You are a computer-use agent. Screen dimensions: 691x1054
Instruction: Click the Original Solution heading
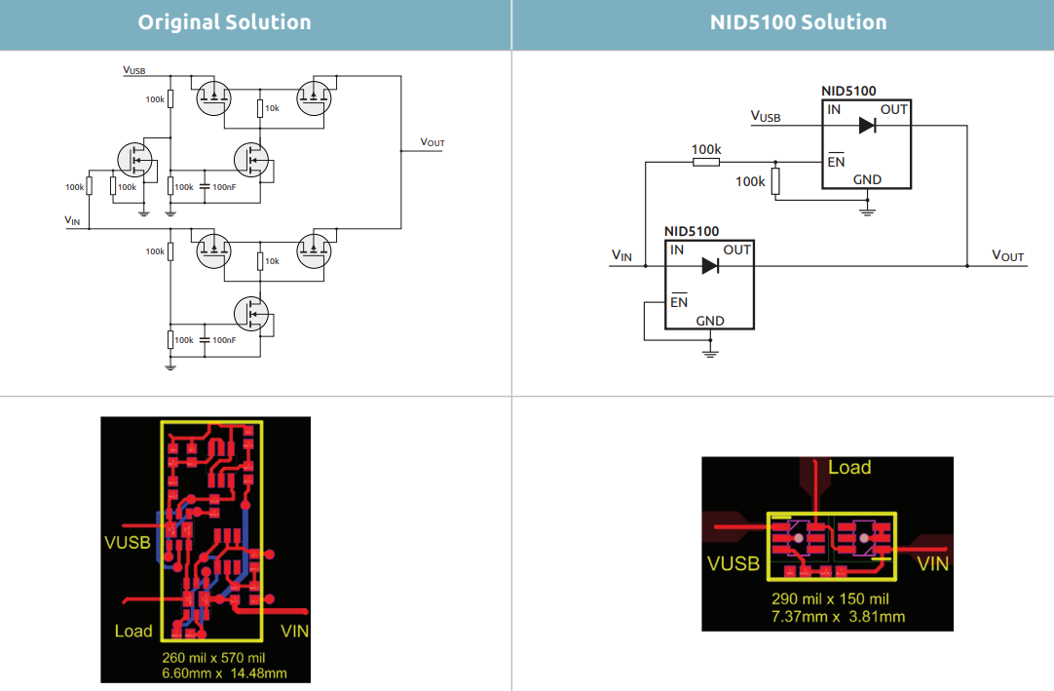point(224,22)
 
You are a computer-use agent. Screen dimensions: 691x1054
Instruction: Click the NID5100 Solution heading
point(798,22)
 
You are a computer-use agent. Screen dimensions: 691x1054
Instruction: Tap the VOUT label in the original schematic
point(433,142)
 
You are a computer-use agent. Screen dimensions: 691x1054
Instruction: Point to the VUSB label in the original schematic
point(134,70)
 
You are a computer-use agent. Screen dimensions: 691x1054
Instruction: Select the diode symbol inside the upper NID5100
point(867,125)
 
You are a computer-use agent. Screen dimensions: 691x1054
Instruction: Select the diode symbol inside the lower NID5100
point(709,265)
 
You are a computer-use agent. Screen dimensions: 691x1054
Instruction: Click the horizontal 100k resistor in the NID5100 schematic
point(706,162)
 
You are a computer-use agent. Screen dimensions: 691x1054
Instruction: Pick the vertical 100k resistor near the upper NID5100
point(775,181)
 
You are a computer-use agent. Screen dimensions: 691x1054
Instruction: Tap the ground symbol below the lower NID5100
point(710,349)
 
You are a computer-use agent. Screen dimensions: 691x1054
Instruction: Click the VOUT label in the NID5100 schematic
point(1007,255)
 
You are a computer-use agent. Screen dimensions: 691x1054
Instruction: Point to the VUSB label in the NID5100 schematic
point(766,117)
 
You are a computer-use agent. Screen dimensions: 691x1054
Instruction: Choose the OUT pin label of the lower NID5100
point(736,250)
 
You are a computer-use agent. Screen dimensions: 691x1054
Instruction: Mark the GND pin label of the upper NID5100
point(867,179)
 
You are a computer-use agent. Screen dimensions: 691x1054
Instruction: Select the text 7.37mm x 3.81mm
point(838,616)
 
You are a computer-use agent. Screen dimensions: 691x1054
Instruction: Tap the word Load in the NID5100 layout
point(849,468)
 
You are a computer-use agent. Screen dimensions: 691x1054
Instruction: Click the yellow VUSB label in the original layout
point(128,542)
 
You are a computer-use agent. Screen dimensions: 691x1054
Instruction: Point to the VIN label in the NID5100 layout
point(932,563)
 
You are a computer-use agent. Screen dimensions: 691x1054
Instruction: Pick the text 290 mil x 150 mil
point(830,599)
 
